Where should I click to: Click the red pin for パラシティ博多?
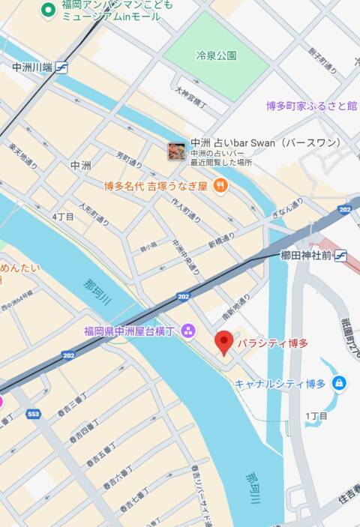(x=223, y=342)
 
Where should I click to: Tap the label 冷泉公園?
(x=216, y=55)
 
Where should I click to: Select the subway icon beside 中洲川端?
(x=61, y=67)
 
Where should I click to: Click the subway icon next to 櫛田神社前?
(x=340, y=256)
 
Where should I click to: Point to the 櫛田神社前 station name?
(x=306, y=256)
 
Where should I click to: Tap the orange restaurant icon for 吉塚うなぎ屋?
(x=220, y=185)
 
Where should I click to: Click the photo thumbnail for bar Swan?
(x=177, y=151)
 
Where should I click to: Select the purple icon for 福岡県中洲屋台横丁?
(x=187, y=330)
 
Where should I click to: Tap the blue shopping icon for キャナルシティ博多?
(x=339, y=383)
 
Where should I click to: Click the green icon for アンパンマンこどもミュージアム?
(x=49, y=10)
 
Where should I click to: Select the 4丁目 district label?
(x=63, y=217)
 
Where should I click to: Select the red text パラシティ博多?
(x=272, y=343)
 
